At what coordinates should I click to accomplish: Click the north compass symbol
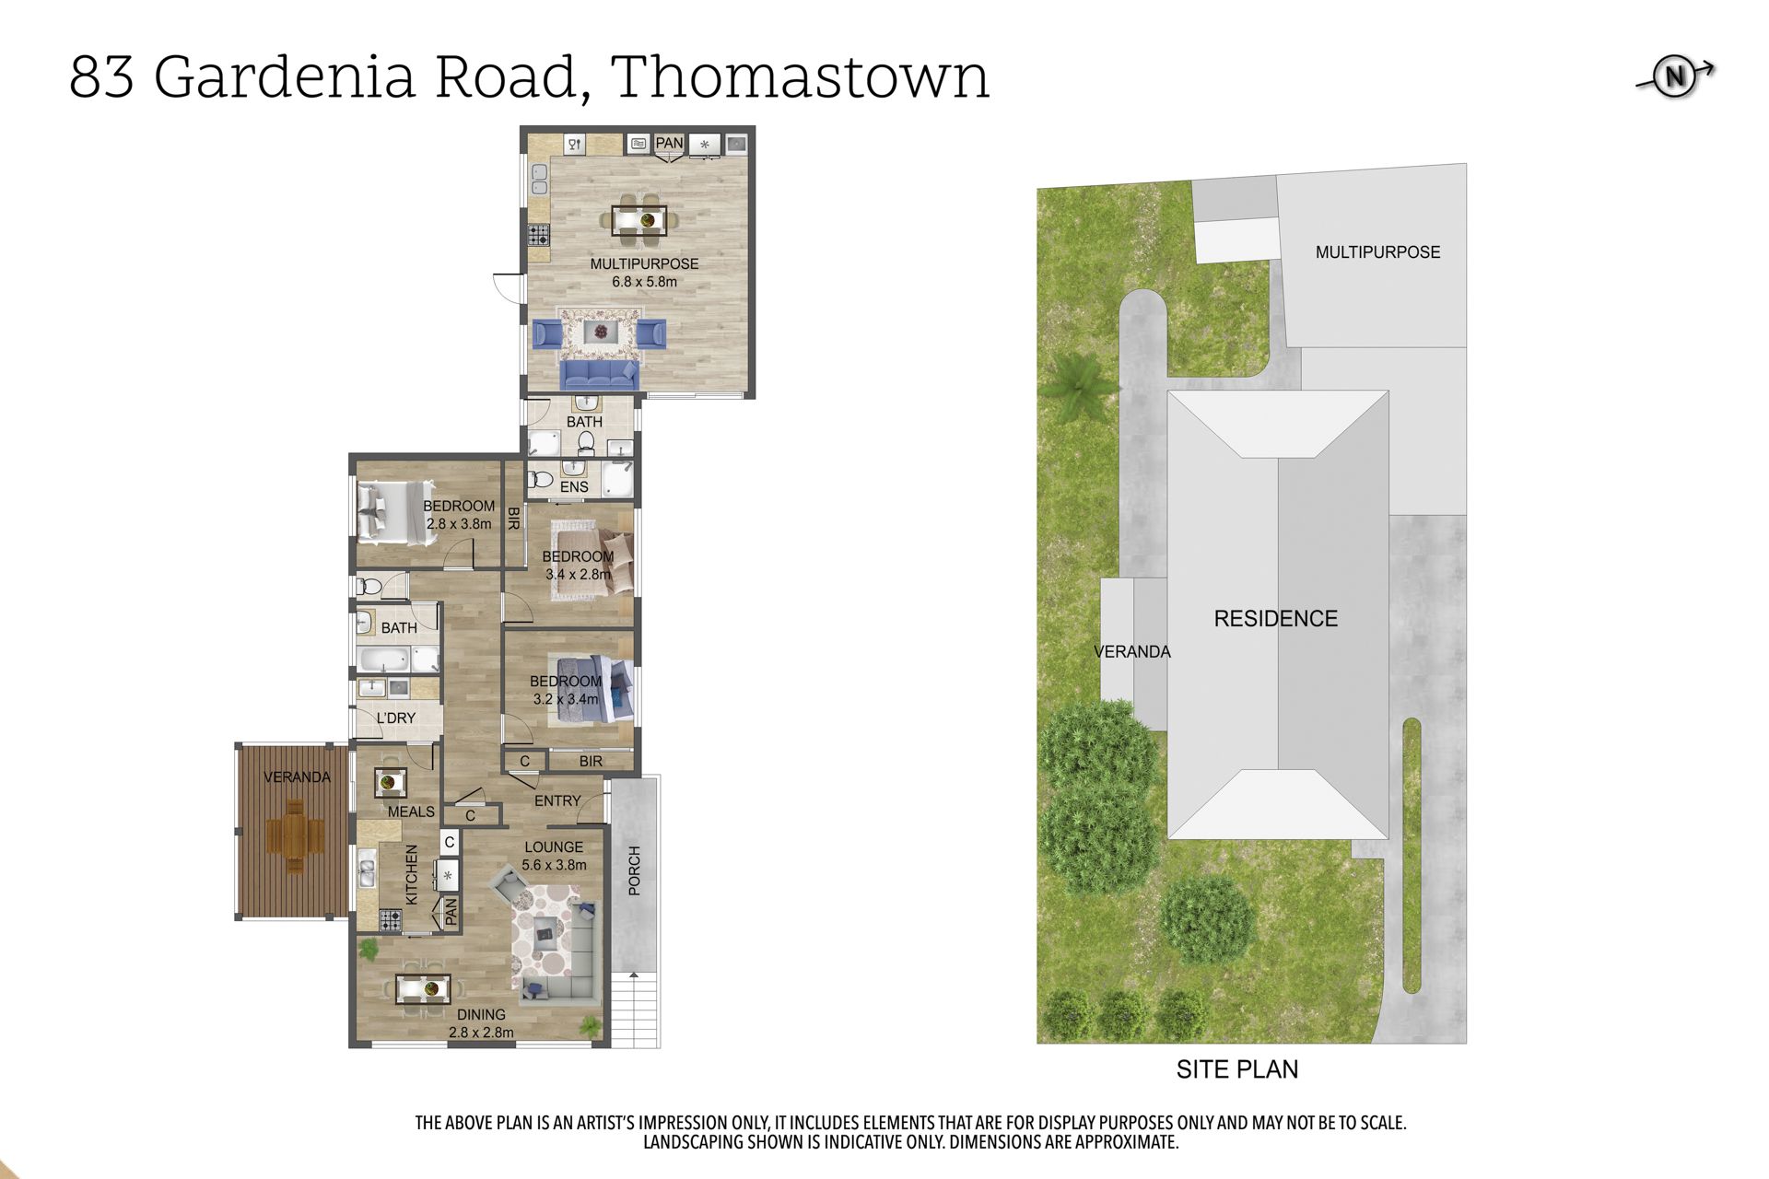[x=1675, y=77]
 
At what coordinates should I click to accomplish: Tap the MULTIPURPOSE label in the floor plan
[x=644, y=264]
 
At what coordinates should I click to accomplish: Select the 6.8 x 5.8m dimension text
[x=644, y=282]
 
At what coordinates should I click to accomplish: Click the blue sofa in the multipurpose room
[x=600, y=374]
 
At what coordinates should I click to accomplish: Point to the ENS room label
[x=574, y=486]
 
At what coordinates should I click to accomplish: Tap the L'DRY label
[x=395, y=718]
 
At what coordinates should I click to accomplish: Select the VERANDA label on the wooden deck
[x=297, y=777]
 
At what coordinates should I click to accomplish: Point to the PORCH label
[x=634, y=871]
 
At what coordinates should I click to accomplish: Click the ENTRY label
[x=557, y=801]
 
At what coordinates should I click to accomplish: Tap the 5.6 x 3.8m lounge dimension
[x=554, y=865]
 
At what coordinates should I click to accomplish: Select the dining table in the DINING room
[x=423, y=990]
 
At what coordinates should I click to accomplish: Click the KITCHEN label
[x=412, y=875]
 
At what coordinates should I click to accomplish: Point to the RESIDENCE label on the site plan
[x=1276, y=619]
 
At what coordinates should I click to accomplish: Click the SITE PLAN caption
[x=1237, y=1069]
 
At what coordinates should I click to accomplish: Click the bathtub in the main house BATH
[x=384, y=660]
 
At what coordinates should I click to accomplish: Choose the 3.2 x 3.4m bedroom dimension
[x=566, y=699]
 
